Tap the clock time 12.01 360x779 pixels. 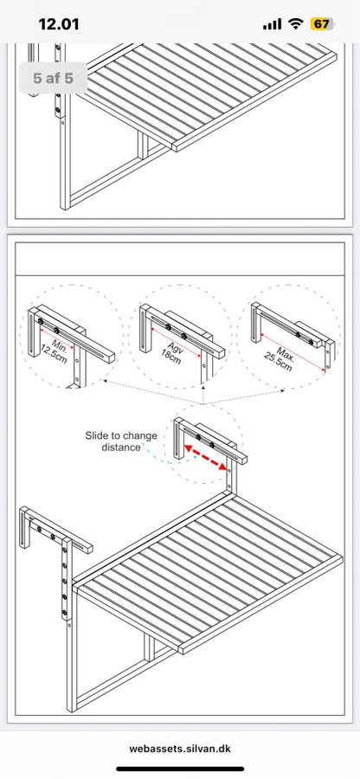pos(59,24)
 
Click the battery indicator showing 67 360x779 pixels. pos(321,24)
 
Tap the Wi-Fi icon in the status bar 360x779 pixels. pos(297,24)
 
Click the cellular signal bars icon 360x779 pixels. pos(273,24)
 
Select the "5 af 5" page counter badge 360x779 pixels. pos(53,78)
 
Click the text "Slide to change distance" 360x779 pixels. pos(120,441)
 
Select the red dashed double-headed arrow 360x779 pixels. pos(205,457)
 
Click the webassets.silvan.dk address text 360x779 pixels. pos(180,748)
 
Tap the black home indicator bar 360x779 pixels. pos(180,769)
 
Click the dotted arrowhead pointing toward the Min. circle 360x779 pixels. pos(105,382)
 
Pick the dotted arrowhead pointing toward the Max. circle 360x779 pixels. pos(283,391)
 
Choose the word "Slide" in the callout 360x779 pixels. pos(96,435)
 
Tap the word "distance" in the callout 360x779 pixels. pos(121,447)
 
